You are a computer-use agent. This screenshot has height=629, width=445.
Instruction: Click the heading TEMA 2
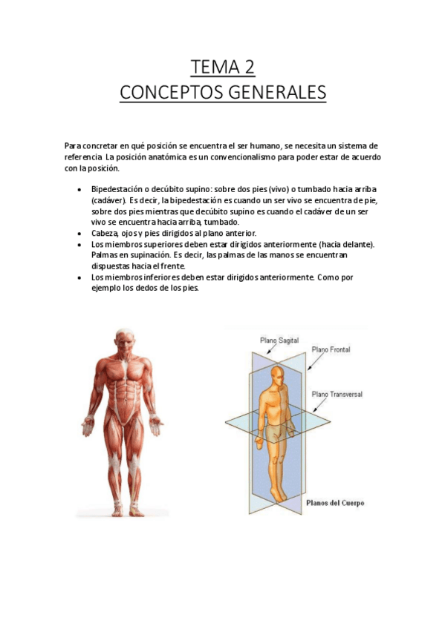point(223,67)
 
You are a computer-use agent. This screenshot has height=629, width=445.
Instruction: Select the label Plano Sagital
point(279,340)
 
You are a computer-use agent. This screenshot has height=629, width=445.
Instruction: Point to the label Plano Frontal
point(331,349)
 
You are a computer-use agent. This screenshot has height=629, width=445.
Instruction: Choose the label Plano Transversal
point(337,394)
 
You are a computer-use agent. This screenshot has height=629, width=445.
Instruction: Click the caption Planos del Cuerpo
point(335,502)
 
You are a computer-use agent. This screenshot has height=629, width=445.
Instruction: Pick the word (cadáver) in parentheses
point(108,200)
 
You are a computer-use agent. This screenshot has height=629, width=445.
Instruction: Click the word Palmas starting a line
point(105,254)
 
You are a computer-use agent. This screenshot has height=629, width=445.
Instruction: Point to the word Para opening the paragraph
point(73,146)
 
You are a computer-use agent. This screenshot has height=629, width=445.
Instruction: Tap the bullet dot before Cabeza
point(79,233)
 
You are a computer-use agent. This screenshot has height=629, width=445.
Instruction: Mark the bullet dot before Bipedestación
point(79,190)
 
